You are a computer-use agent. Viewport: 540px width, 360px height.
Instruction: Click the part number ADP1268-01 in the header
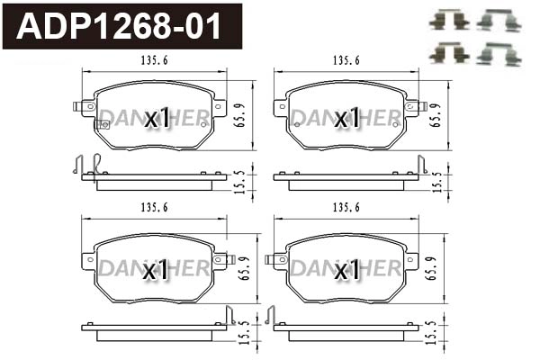(121, 26)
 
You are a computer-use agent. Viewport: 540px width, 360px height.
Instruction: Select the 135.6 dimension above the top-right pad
(346, 60)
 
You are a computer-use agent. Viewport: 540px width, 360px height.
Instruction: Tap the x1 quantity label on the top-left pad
(157, 117)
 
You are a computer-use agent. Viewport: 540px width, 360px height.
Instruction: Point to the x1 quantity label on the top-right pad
(346, 117)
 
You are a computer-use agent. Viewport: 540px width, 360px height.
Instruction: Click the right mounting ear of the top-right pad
(416, 106)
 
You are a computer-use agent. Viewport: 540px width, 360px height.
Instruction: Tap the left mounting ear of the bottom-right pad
(275, 258)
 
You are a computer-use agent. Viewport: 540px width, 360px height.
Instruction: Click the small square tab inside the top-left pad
(104, 124)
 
